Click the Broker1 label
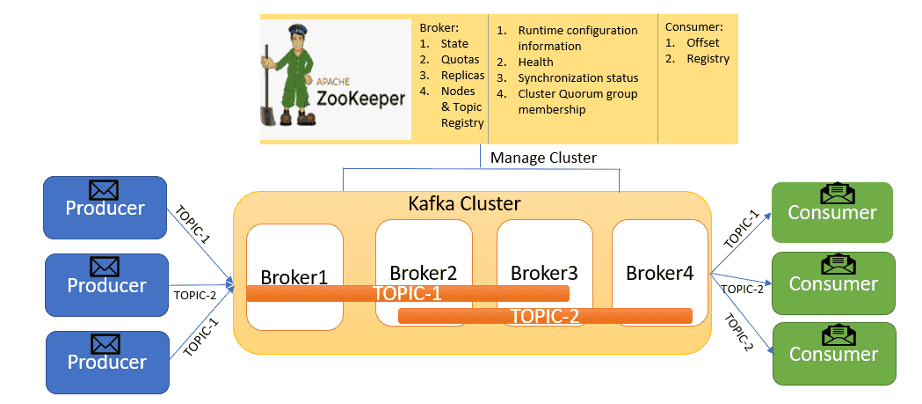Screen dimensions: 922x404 (x=294, y=276)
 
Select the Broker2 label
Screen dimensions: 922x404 (x=424, y=273)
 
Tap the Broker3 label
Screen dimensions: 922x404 (x=544, y=273)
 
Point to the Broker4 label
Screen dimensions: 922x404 (x=659, y=273)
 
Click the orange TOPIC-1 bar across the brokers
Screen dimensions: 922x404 (x=408, y=293)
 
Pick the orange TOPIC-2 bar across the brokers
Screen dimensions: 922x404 (x=545, y=316)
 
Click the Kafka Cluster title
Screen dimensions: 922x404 (x=465, y=204)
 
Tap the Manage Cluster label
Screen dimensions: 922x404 (x=543, y=158)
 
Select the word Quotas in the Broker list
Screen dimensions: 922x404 (x=461, y=60)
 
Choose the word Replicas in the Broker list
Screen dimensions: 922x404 (x=463, y=76)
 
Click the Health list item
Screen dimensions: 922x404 (x=535, y=62)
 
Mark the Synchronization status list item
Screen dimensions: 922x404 (x=578, y=77)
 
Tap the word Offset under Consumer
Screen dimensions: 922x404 (x=702, y=43)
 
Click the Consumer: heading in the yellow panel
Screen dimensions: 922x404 (x=693, y=27)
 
